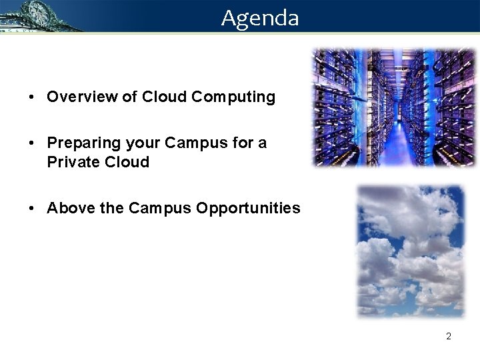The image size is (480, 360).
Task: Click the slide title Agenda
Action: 260,17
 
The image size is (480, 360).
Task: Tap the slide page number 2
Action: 448,336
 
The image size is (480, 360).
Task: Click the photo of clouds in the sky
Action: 409,250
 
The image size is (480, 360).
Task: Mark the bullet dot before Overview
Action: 32,97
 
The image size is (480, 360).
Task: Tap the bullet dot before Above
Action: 32,209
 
